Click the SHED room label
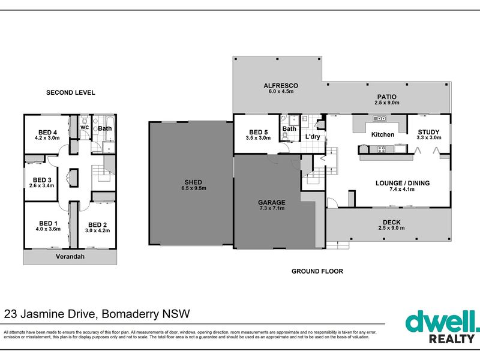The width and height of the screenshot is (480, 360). point(193,182)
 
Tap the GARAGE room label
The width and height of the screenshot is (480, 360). point(272,202)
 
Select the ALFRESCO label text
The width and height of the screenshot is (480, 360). point(281,86)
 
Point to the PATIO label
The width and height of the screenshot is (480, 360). point(386,97)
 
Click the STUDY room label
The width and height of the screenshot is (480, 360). point(428,132)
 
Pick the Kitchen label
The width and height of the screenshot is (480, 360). point(382,134)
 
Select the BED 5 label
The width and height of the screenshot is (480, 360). point(258,132)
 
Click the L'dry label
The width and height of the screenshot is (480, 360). point(313,137)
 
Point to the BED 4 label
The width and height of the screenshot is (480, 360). point(47,133)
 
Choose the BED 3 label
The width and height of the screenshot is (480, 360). point(42,179)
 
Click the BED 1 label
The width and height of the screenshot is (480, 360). point(47,223)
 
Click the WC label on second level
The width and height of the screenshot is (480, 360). point(85,128)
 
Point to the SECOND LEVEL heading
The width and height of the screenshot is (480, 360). point(71,92)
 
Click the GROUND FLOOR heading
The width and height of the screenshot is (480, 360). point(317,271)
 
